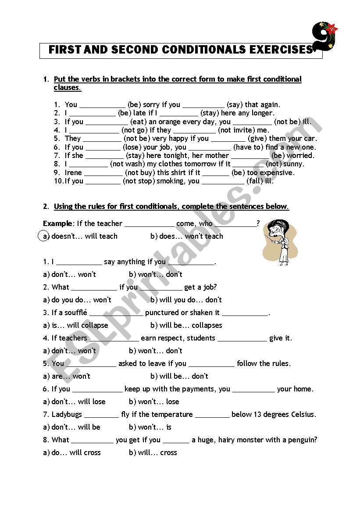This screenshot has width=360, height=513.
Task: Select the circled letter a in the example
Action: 44,236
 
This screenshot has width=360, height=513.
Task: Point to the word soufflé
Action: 76,312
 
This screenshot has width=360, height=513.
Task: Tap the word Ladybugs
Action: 66,414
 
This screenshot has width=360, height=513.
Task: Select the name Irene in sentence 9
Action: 73,172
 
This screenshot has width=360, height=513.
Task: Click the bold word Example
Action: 57,223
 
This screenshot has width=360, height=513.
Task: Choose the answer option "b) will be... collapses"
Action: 186,325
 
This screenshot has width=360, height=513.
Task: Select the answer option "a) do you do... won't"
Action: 77,300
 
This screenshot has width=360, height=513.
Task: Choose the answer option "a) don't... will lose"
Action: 74,402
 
